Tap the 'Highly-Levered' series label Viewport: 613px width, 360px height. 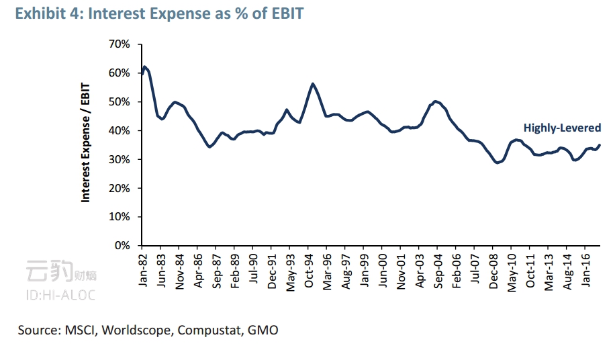[561, 128]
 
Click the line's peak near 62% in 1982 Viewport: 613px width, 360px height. [144, 66]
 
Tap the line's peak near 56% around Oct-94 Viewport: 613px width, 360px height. [313, 84]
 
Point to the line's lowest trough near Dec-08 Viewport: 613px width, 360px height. [497, 163]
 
